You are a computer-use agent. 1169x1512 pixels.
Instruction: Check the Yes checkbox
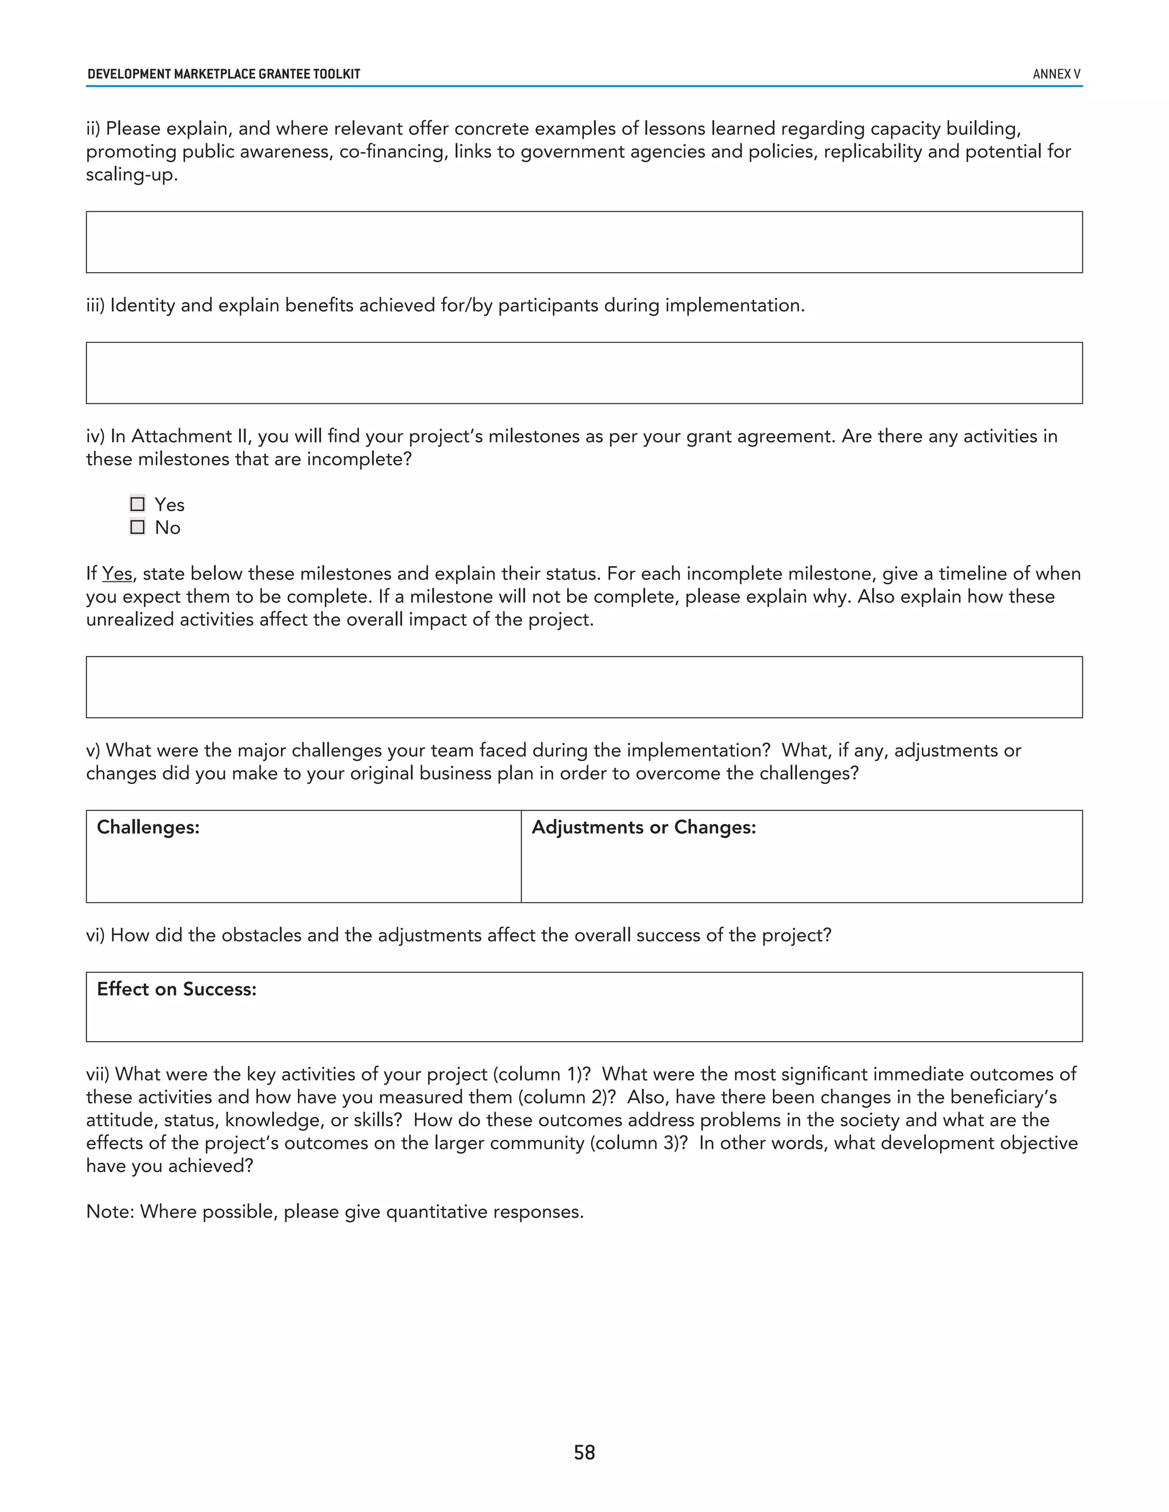pos(138,504)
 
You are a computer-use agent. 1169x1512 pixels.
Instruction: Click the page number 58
pos(584,1452)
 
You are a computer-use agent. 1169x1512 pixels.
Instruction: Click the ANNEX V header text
pos(1056,74)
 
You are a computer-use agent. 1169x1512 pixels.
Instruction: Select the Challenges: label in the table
pos(148,827)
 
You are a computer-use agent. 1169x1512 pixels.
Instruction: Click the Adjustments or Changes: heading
pos(643,827)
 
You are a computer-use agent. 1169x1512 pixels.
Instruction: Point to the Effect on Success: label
pos(176,989)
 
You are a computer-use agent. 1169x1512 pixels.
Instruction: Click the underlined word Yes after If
pos(117,574)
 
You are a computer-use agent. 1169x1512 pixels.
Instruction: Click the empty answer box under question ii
pos(584,242)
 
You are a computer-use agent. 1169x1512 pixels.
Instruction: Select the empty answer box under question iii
pos(584,373)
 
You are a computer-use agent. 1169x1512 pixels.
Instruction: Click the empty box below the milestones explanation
pos(584,688)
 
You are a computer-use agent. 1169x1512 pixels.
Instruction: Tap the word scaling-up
pos(132,175)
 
